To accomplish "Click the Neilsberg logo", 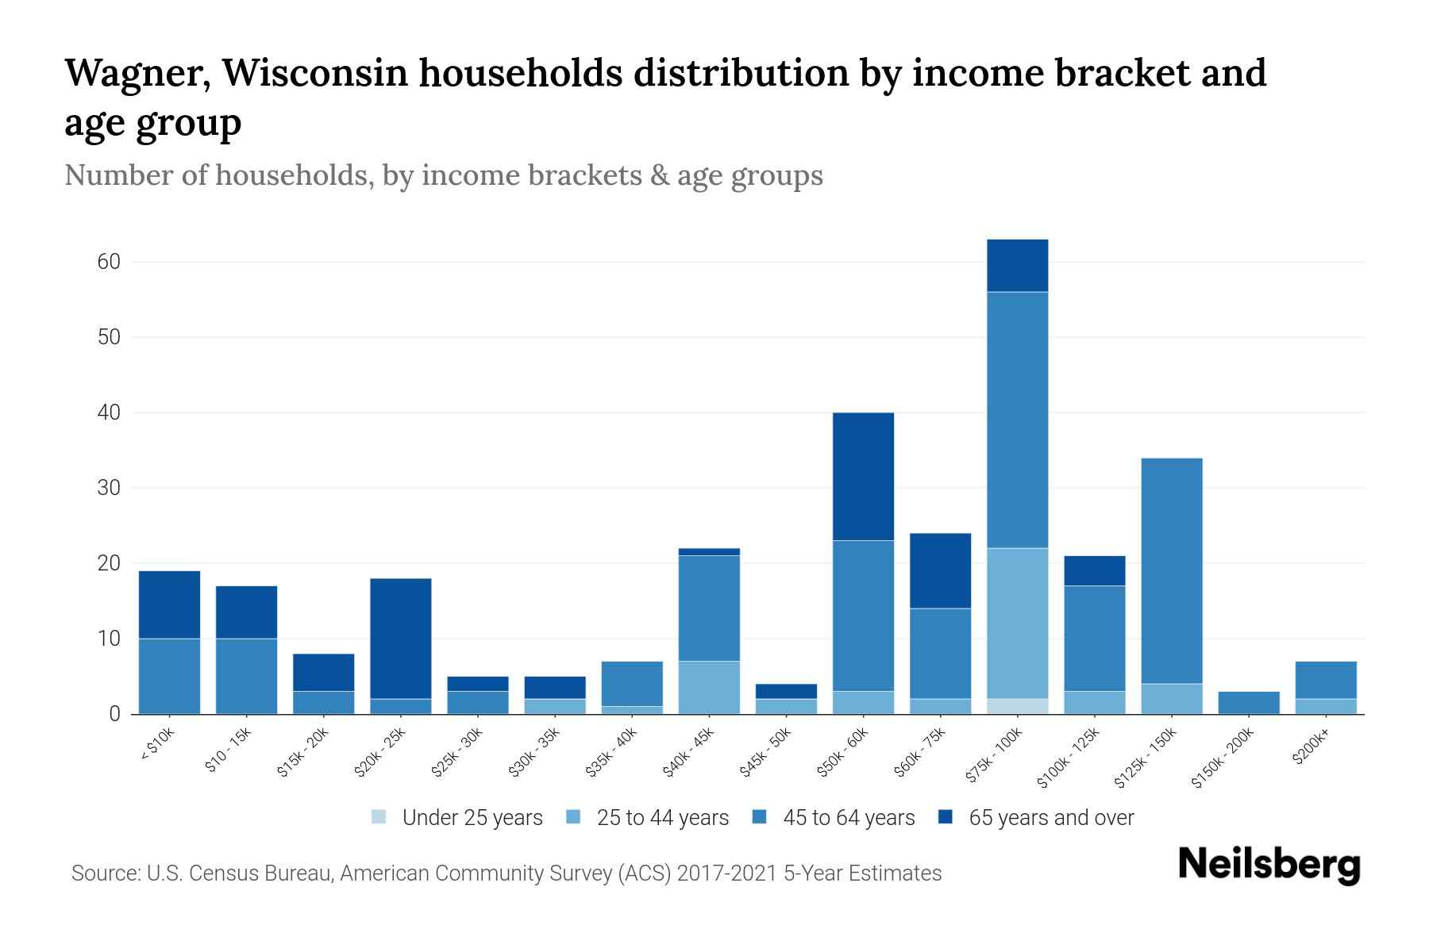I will [x=1269, y=865].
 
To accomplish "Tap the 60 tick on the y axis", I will [x=109, y=262].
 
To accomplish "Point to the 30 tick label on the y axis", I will [x=109, y=488].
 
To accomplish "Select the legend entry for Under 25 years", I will [x=472, y=818].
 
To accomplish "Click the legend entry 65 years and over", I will [x=1050, y=818].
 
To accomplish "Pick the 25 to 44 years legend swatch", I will [x=574, y=817].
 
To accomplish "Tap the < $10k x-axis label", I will [x=157, y=745].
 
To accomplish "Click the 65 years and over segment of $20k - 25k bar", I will [x=401, y=639].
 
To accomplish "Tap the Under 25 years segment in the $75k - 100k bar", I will [x=1017, y=706].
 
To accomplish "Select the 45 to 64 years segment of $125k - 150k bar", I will [x=1171, y=571].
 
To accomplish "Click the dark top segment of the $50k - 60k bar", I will [x=863, y=476].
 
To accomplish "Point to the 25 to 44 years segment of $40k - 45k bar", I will [x=709, y=687].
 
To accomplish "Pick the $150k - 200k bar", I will [x=1248, y=703].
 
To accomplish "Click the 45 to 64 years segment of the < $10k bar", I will [x=169, y=676].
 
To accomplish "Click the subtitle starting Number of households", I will [x=443, y=175].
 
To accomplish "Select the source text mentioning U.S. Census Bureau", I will [x=506, y=873].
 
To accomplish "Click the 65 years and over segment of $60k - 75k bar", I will [x=940, y=570].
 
